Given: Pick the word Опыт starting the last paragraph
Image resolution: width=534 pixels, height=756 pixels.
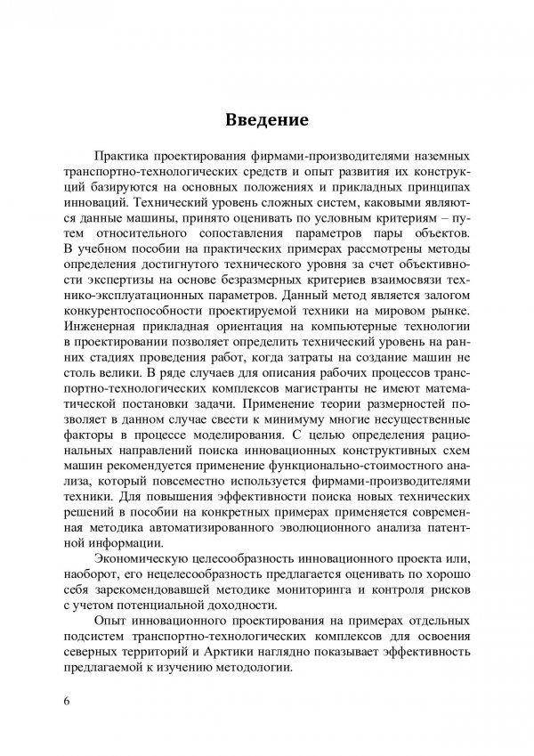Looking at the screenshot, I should click(x=124, y=620).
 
